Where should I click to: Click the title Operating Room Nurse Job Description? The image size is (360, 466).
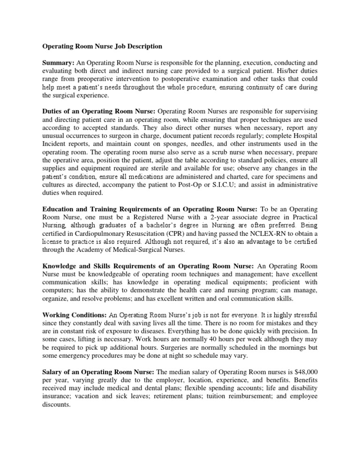tap(103, 47)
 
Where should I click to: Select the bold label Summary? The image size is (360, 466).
tap(59, 62)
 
